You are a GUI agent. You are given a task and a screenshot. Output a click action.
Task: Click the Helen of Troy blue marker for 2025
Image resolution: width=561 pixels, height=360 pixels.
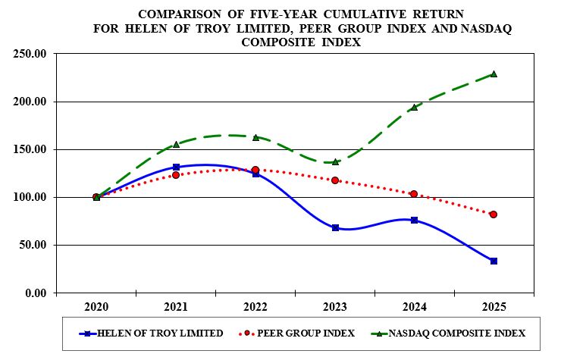(x=494, y=261)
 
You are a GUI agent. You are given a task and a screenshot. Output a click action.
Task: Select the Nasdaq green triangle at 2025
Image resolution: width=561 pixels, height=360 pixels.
(x=494, y=74)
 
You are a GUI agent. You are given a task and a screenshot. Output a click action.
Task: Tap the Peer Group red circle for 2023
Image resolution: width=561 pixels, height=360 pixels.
(x=334, y=180)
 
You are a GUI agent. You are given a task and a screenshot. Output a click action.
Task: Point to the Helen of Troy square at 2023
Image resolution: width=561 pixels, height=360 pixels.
(x=334, y=227)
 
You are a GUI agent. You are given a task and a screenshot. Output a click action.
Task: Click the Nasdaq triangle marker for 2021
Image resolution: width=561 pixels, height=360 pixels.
(x=176, y=144)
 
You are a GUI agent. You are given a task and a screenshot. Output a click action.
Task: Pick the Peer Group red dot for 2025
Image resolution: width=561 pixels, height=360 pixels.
(x=494, y=214)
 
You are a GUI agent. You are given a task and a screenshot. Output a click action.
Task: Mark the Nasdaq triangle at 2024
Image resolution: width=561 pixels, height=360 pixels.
(x=414, y=108)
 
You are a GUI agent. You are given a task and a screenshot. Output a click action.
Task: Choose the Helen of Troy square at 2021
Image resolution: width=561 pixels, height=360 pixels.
(x=176, y=167)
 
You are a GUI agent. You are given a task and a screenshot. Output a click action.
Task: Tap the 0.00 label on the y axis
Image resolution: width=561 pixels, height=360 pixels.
(x=36, y=293)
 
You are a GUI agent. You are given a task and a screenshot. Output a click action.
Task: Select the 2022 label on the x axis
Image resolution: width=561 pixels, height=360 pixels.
(x=255, y=307)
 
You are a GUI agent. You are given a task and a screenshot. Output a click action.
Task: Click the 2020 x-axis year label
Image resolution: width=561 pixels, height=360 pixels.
(x=96, y=307)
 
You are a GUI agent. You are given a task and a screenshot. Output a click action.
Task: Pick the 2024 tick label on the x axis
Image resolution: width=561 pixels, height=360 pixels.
(x=414, y=307)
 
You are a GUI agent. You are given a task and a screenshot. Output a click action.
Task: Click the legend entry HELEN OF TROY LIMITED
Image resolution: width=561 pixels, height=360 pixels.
(x=160, y=333)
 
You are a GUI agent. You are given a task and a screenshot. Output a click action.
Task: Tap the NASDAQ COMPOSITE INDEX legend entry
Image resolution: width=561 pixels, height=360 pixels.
(x=456, y=333)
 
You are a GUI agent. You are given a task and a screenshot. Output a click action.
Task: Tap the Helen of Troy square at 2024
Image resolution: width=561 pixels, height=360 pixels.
(x=414, y=220)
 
